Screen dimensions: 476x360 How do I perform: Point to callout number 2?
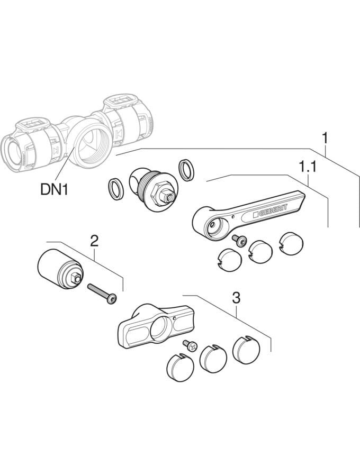click(x=94, y=241)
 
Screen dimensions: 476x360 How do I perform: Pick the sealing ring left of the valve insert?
click(x=116, y=189)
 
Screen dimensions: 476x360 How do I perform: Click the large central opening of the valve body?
click(x=95, y=148)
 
